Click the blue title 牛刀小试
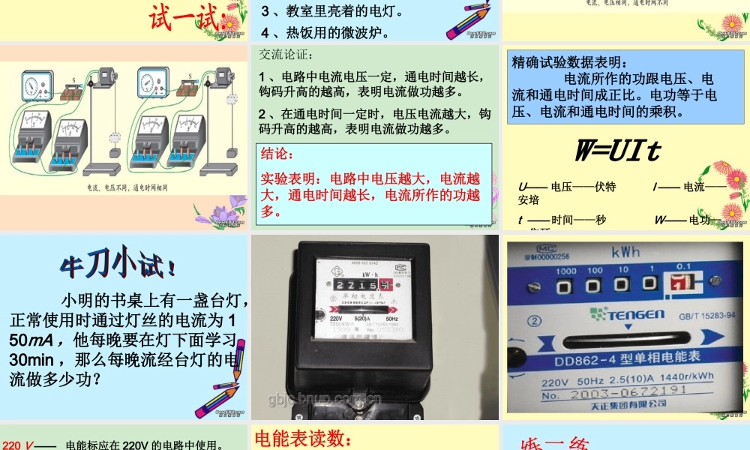coord(119,264)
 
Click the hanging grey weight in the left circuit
coord(115,153)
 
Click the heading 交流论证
coord(286,55)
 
